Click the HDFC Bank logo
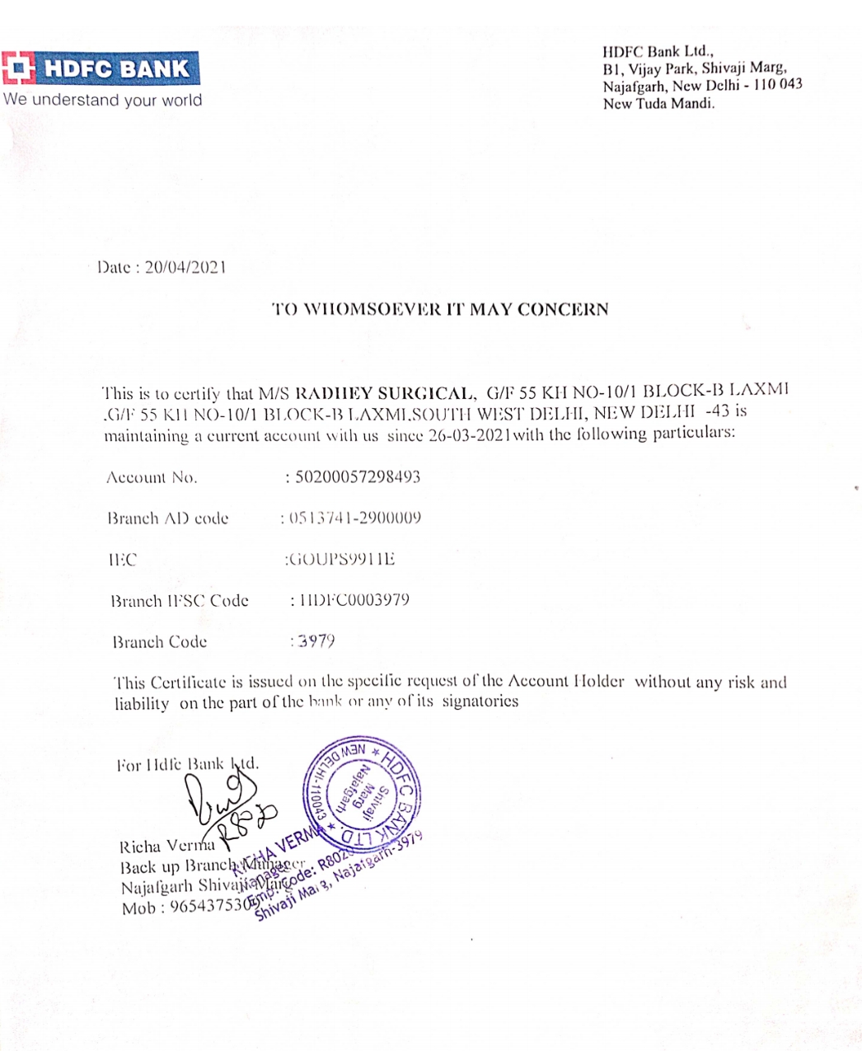100,68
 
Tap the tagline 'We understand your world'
102,101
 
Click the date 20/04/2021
185,267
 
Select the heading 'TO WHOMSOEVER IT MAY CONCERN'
440,310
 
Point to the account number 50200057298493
357,477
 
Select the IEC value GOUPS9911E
341,560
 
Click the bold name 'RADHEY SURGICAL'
385,393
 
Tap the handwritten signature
223,804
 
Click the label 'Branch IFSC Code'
180,601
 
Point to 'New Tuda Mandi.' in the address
658,104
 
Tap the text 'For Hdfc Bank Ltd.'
188,764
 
